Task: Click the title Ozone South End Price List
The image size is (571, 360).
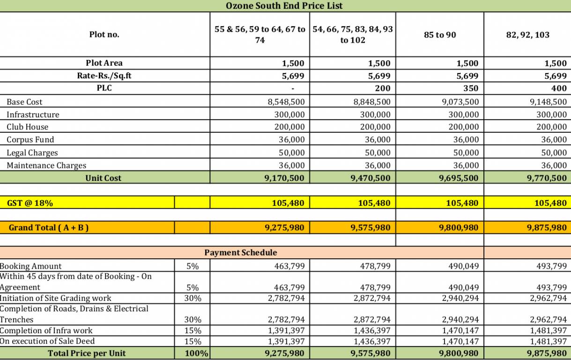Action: pos(284,6)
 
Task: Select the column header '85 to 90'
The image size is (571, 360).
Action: pos(440,35)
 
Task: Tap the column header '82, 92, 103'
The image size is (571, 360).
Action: pos(527,35)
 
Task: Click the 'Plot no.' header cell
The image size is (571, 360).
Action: pos(104,34)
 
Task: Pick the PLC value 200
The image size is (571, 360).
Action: pos(383,88)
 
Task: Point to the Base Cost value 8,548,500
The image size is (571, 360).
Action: pos(286,102)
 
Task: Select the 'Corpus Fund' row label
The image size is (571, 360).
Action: pos(30,140)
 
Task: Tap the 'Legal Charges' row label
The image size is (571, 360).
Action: pos(32,153)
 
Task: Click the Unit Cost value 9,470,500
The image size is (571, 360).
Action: pos(370,178)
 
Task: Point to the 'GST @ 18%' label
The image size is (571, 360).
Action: pos(30,203)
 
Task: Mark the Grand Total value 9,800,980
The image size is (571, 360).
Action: pos(459,228)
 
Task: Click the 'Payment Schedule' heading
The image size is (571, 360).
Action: pos(241,253)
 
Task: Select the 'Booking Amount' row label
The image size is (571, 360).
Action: pos(31,266)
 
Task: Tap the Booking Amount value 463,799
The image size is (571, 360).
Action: pos(289,266)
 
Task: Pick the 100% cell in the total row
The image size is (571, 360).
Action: pos(196,353)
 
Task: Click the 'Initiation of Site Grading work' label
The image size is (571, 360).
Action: pos(56,298)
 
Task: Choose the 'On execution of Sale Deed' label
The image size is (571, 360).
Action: pos(47,341)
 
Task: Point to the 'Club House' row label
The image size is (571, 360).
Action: pos(27,127)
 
